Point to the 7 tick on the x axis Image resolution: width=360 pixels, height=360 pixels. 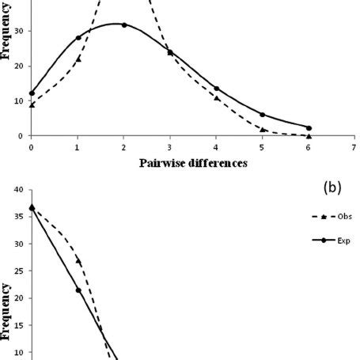click(354, 146)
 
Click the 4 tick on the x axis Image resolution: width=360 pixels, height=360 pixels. click(216, 146)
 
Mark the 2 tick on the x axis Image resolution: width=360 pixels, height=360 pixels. click(123, 146)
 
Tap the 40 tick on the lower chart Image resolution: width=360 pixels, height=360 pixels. click(18, 190)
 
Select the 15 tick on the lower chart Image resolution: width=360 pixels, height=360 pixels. click(18, 325)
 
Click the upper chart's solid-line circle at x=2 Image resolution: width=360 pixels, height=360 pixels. click(124, 25)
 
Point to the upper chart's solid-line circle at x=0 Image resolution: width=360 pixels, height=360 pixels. click(32, 93)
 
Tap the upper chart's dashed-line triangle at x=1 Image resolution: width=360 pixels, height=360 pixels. click(78, 59)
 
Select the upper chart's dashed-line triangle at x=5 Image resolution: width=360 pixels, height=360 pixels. click(263, 129)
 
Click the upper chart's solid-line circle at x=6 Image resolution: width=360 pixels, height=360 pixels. click(309, 127)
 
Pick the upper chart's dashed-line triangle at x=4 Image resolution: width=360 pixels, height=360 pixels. click(216, 97)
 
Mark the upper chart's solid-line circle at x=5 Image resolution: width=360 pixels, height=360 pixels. click(263, 115)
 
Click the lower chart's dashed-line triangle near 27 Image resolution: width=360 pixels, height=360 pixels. click(78, 260)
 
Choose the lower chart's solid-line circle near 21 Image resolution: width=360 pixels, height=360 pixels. click(78, 290)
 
